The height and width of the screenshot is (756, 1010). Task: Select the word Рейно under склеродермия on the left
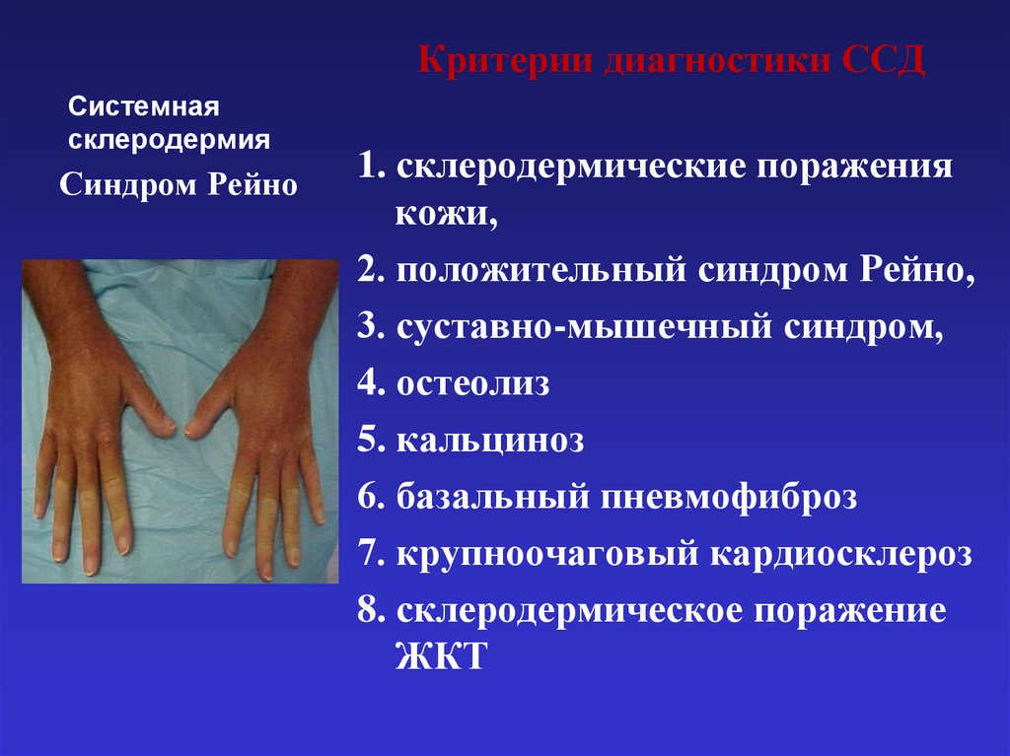pos(252,184)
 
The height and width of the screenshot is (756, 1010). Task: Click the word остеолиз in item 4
pos(473,383)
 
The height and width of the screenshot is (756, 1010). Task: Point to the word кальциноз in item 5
pos(490,441)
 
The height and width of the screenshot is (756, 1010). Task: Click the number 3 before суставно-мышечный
pos(367,327)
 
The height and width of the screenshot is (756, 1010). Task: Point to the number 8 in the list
pos(368,611)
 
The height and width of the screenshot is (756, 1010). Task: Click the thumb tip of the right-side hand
pos(192,430)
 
